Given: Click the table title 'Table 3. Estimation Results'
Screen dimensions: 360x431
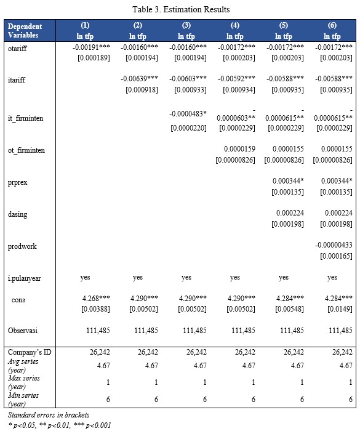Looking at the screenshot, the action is point(181,9).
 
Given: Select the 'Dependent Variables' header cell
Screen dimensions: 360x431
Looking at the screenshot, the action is point(25,31).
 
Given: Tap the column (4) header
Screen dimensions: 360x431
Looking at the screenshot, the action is point(234,31).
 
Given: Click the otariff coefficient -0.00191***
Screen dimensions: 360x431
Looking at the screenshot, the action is point(91,47).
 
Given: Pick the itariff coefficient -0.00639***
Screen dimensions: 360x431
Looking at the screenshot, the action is point(139,79).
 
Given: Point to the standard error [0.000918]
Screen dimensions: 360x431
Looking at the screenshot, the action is point(142,90).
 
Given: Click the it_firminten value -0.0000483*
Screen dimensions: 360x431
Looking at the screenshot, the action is point(188,113).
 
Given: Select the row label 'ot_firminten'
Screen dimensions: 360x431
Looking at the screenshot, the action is point(26,150).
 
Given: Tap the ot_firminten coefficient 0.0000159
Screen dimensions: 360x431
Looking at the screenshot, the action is point(239,149).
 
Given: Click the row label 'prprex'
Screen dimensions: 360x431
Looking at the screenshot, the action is point(17,182).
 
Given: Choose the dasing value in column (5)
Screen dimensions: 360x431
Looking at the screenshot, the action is point(290,213).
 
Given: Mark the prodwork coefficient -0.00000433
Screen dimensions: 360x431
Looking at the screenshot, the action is point(334,245).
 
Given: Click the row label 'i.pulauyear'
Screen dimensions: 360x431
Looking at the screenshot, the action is point(24,278).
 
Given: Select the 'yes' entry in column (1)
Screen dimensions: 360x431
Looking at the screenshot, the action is point(85,277).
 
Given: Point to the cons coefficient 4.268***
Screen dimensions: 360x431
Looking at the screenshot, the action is point(96,298).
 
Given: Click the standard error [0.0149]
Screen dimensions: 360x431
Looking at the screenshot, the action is point(340,309).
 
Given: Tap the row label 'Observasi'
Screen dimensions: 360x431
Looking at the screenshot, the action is point(23,331).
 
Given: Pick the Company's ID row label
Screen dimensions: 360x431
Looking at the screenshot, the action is point(30,352).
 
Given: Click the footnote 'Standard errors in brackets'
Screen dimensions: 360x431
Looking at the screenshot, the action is point(49,415).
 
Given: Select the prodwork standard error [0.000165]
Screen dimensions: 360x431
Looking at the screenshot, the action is point(336,256).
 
